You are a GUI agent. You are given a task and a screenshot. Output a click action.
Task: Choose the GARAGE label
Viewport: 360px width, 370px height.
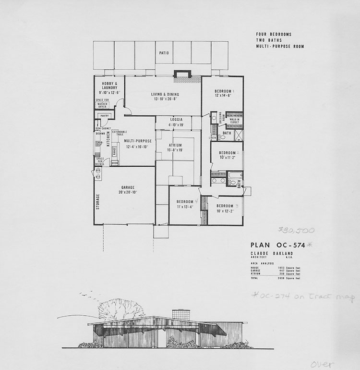click(127, 187)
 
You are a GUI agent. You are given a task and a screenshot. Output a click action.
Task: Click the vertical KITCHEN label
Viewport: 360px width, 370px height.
click(108, 140)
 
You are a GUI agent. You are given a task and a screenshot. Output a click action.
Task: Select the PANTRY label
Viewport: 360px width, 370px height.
click(105, 116)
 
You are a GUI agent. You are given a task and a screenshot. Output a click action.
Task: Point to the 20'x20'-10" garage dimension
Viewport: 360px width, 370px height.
click(127, 192)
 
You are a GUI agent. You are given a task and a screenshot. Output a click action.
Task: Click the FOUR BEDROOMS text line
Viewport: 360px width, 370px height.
click(274, 35)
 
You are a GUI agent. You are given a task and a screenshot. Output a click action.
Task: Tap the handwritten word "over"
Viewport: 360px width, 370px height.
click(322, 364)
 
